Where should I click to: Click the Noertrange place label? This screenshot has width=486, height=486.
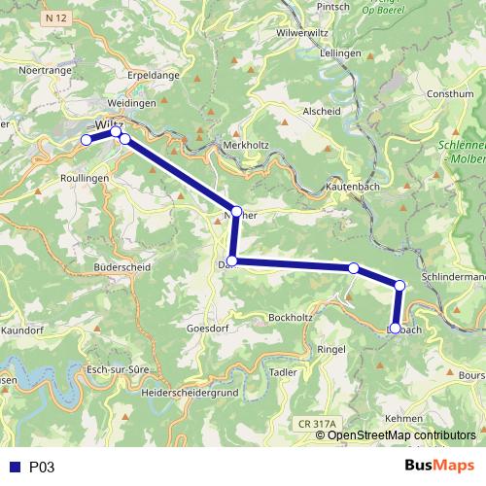click(42, 71)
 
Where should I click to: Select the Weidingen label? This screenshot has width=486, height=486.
click(134, 102)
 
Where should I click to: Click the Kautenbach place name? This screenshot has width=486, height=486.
click(352, 183)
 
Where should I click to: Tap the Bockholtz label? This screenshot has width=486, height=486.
click(289, 318)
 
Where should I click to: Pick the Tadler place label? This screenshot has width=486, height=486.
click(283, 372)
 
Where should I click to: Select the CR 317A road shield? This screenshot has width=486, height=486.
click(315, 424)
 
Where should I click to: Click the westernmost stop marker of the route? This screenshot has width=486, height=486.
click(86, 141)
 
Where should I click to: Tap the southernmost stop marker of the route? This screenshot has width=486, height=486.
click(395, 329)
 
